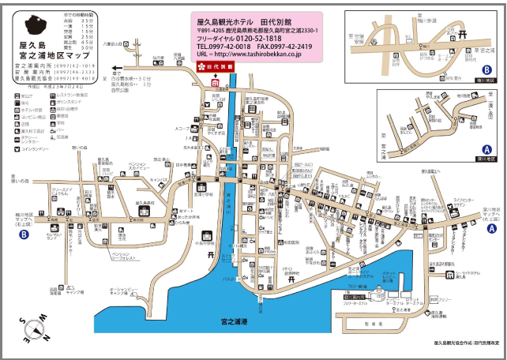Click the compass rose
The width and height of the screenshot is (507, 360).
(33, 324)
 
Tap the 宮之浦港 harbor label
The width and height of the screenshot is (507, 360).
(235, 322)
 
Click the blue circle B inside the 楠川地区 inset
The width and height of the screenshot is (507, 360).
(487, 69)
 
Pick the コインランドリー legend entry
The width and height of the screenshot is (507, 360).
(35, 148)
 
